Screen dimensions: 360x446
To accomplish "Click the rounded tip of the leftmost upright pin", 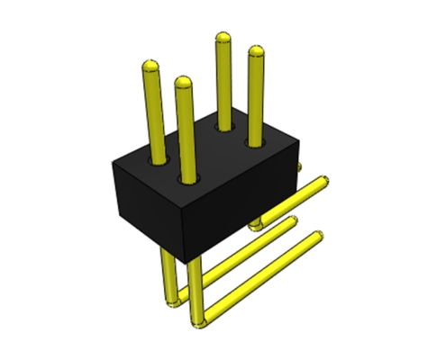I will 150,67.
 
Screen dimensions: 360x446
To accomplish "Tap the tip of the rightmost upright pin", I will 256,51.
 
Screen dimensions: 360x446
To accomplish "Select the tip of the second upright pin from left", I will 184,84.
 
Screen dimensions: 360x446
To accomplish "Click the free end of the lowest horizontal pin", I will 317,238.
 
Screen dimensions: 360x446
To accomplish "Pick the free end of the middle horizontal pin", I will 294,222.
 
